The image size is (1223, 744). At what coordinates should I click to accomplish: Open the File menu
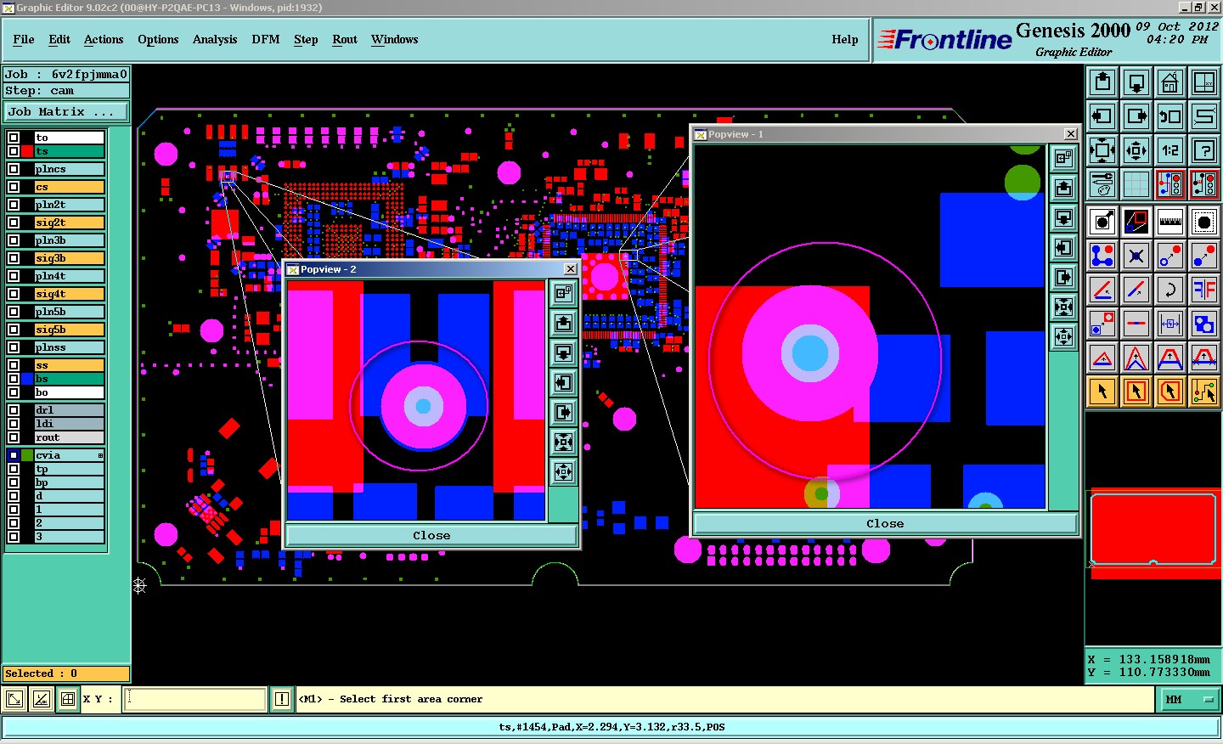(x=24, y=39)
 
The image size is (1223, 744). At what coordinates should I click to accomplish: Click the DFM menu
(x=265, y=39)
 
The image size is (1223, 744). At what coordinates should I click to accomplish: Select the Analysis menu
(x=215, y=39)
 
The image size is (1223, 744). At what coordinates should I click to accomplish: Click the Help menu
(x=844, y=39)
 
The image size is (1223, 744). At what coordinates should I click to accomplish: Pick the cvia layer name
(x=48, y=455)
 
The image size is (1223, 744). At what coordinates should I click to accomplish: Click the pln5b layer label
(x=50, y=312)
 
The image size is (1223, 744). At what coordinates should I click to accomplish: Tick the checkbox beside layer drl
(x=14, y=410)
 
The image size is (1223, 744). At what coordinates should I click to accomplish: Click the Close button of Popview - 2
(x=431, y=535)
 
